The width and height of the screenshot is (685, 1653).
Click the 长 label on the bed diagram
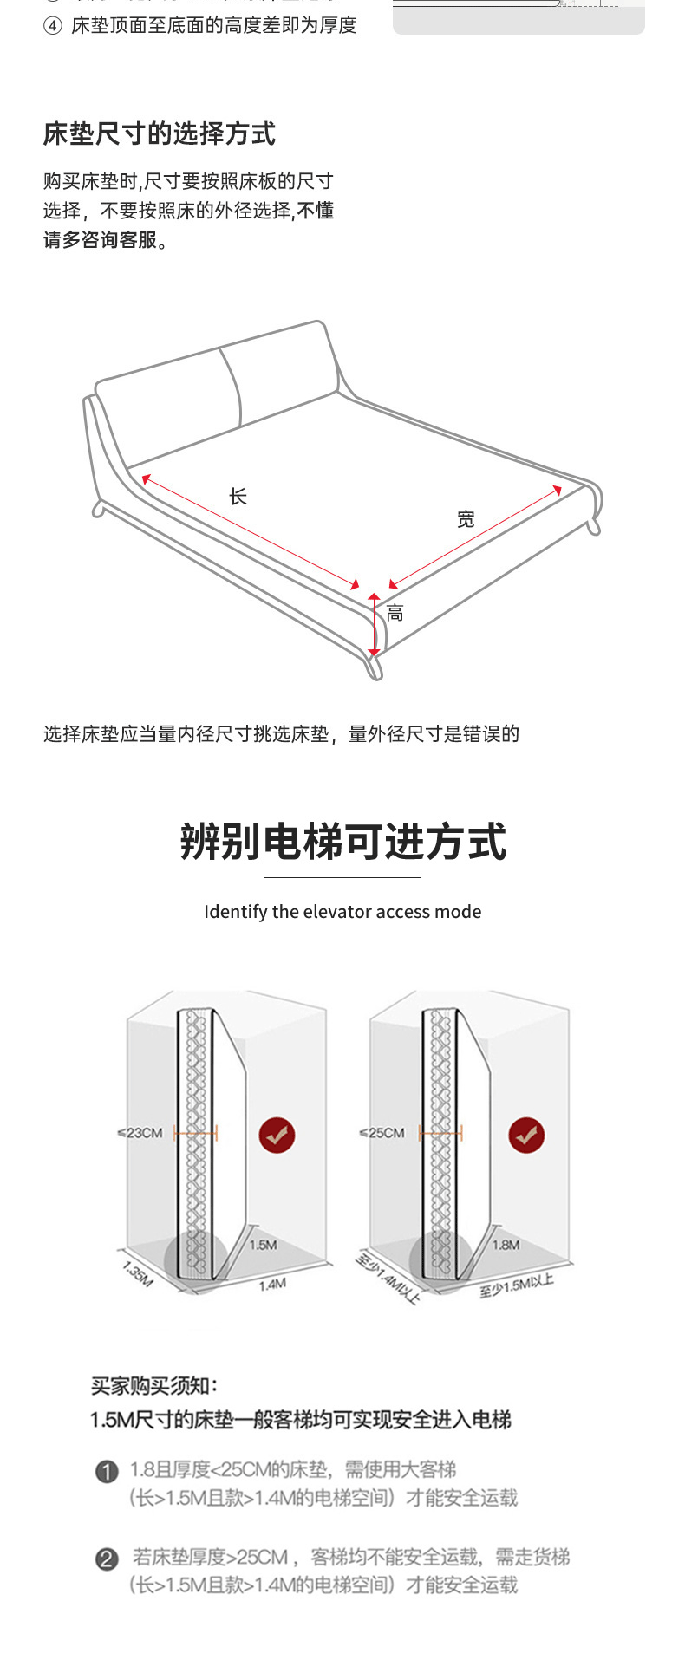238,497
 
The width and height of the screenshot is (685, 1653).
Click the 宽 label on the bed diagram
466,519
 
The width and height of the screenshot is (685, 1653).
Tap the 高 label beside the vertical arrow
395,614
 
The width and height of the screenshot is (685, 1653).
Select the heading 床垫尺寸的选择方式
160,133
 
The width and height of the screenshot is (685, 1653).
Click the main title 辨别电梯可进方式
342,842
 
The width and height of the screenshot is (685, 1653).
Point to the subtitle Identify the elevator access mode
342,912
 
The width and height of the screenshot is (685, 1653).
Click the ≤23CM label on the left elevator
140,1133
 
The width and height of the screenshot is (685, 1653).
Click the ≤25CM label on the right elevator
382,1133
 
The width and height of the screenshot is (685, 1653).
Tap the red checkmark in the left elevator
277,1135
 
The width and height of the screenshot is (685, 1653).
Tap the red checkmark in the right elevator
526,1135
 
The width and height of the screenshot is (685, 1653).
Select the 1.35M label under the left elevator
137,1273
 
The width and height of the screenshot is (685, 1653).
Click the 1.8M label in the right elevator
506,1245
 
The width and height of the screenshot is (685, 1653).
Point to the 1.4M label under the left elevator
272,1284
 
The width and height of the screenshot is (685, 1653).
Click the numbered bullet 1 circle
106,1471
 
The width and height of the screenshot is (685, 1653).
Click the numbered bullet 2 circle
106,1559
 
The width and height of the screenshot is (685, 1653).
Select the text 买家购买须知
154,1386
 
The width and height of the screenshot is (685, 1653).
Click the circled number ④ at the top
53,26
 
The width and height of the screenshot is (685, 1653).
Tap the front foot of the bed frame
374,666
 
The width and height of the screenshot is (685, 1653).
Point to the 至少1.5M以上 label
516,1285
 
